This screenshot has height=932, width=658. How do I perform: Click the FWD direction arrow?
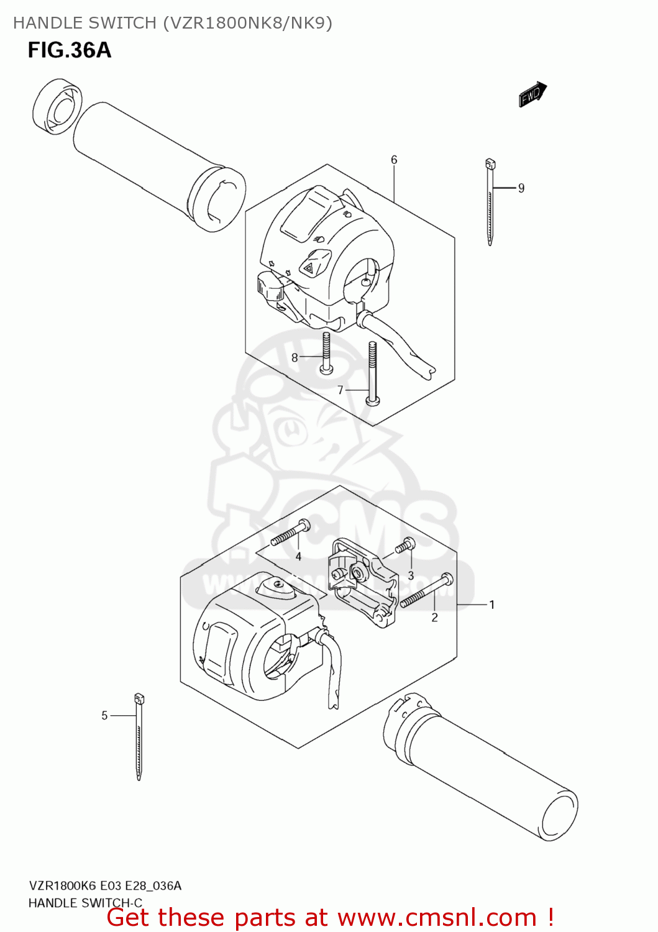click(x=532, y=94)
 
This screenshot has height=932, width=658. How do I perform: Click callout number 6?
click(x=394, y=160)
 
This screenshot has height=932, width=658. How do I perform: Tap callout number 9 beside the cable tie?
click(x=521, y=188)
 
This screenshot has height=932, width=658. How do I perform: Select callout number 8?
click(x=295, y=357)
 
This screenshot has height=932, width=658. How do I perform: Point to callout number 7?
click(x=340, y=390)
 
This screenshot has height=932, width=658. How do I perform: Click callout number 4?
click(x=298, y=557)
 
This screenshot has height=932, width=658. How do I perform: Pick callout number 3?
click(x=411, y=575)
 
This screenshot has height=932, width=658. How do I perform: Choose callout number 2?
click(x=434, y=617)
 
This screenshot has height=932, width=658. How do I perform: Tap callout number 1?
click(x=492, y=605)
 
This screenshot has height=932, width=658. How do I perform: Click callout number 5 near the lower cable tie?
click(x=104, y=716)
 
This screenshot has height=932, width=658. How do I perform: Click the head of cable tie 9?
click(x=490, y=164)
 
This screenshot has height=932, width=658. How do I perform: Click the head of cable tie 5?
click(x=139, y=699)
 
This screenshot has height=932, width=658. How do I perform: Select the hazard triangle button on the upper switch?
click(x=309, y=268)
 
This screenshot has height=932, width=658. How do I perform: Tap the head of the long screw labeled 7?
click(x=372, y=401)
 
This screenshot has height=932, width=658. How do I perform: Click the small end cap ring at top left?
click(x=57, y=106)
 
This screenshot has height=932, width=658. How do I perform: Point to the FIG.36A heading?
click(x=69, y=50)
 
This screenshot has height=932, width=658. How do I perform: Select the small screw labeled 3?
click(x=405, y=546)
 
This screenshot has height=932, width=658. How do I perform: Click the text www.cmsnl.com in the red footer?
click(x=437, y=917)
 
